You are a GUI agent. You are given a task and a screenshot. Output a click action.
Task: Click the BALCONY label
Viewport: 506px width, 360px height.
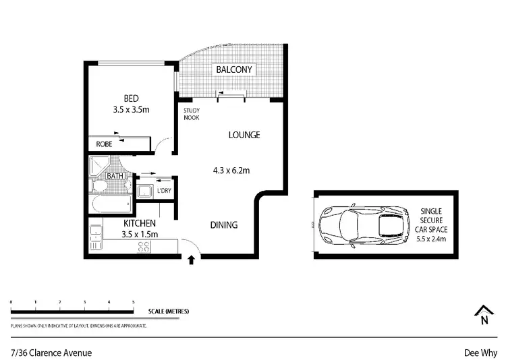233,69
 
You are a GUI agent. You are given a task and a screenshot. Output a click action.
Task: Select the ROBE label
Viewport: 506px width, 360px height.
104,144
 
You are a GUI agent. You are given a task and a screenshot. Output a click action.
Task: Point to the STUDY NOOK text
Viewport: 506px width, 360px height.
192,115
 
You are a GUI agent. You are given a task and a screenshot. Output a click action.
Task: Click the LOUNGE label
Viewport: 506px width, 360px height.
244,135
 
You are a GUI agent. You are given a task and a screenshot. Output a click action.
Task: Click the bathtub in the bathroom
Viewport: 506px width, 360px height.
109,204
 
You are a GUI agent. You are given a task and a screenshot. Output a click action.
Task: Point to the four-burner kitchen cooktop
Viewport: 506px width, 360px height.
143,247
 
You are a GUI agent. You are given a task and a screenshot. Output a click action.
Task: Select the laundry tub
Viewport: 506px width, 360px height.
144,191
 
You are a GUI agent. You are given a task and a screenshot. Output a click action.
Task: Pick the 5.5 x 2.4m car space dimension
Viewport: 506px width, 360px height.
432,239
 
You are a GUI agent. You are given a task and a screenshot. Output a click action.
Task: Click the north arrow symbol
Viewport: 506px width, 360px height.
483,315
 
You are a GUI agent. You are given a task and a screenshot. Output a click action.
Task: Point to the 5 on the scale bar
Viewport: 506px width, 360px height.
133,301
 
